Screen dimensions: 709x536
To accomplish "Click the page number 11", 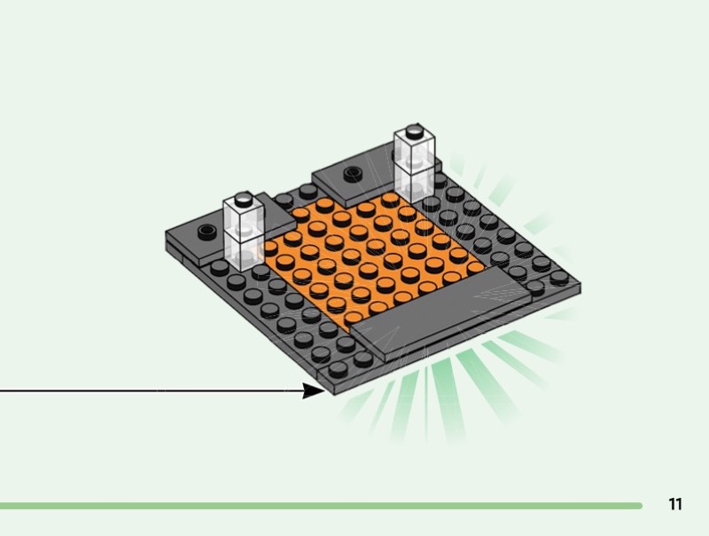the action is (x=675, y=504).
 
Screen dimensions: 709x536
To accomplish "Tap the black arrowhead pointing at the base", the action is (x=314, y=390).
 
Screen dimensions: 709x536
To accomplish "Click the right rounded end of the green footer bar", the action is (x=638, y=506).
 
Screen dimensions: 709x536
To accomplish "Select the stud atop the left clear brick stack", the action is (x=243, y=197).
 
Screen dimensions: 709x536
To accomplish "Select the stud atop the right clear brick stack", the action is (x=414, y=130).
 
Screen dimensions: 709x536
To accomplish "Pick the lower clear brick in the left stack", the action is (x=243, y=250).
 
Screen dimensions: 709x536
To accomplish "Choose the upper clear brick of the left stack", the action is (x=243, y=217).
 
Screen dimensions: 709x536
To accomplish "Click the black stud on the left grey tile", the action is (x=206, y=232).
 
